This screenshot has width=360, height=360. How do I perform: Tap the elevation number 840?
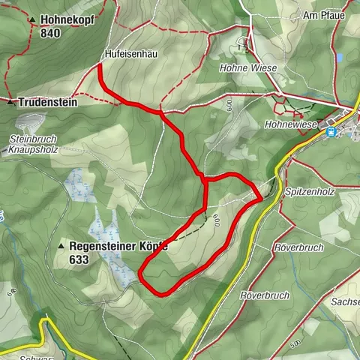point(51,33)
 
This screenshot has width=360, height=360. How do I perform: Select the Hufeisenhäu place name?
point(129,54)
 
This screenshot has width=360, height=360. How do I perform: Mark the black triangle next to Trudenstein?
point(10,101)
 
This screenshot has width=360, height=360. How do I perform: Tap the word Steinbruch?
point(31,139)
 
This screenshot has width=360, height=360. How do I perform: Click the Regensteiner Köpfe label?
point(118,245)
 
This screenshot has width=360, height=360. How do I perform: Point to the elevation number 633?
point(78,259)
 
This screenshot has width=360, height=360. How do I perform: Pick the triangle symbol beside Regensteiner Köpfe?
point(61,246)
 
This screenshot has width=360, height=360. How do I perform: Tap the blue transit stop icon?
point(330,131)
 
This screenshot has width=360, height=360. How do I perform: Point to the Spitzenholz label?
point(310,192)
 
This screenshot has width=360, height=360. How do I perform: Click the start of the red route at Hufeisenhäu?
point(100,67)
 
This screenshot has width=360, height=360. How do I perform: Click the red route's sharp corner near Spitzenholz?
point(260,199)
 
